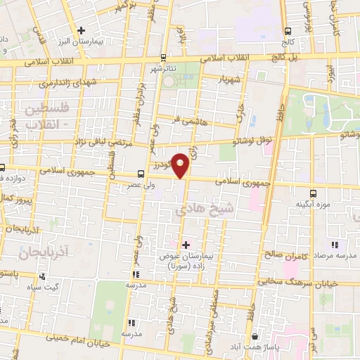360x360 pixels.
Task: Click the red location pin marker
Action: (181, 164)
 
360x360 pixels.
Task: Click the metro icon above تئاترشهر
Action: (164, 58)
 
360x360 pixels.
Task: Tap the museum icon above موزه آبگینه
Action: (313, 192)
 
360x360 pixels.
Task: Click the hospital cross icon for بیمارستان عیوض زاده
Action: (186, 245)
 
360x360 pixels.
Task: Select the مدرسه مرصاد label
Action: (335, 257)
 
